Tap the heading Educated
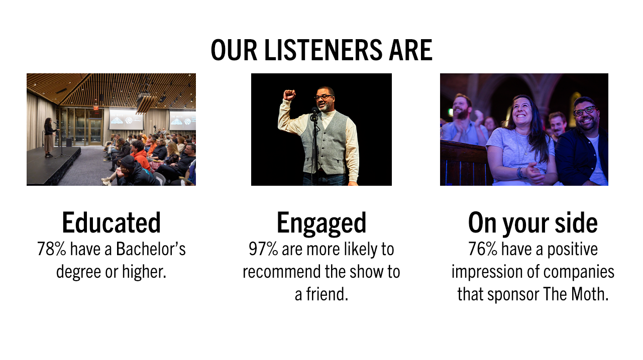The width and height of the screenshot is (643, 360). [111, 223]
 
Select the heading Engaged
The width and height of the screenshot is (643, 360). [321, 223]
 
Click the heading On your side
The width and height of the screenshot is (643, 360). [532, 223]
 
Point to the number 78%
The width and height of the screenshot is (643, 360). [52, 249]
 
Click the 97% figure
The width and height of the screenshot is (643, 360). [264, 249]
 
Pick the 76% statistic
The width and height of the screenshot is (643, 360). [483, 249]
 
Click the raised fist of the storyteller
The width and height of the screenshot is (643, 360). [289, 95]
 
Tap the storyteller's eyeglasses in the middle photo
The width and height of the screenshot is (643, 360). [324, 96]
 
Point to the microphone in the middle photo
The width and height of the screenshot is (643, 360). [314, 112]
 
